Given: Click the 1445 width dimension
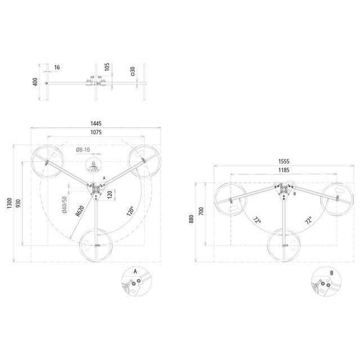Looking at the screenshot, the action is (96, 124).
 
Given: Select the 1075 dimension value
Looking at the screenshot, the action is (96, 132).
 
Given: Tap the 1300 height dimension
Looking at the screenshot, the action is (10, 203).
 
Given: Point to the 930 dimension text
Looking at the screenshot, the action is (18, 204).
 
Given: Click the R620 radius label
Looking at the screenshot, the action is (80, 211).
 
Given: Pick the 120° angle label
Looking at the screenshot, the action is (130, 211).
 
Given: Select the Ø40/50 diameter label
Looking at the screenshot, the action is (65, 205).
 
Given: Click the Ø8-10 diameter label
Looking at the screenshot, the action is (83, 150).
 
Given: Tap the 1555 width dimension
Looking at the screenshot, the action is (283, 161).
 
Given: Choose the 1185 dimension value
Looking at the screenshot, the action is (283, 170).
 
